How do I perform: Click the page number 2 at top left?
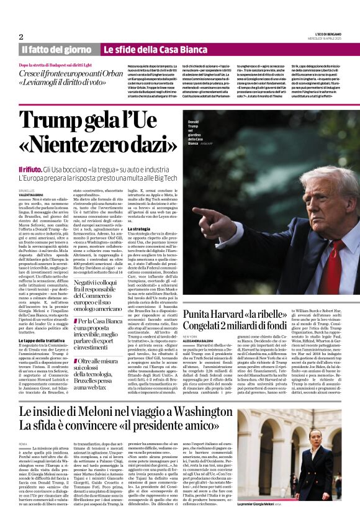pos(21,37)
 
